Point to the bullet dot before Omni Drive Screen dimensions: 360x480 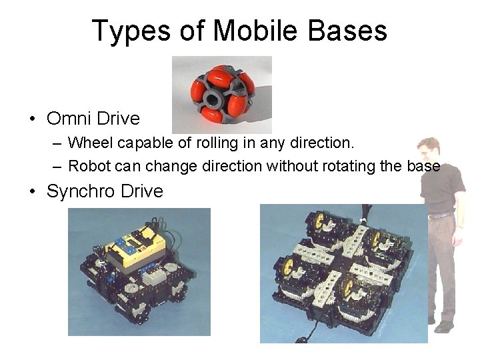pyautogui.click(x=32, y=119)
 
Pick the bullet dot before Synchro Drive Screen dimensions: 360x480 pyautogui.click(x=32, y=192)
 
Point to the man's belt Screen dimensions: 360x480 pyautogui.click(x=440, y=215)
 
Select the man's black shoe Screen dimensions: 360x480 pyautogui.click(x=444, y=327)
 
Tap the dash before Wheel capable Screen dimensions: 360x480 pyautogui.click(x=57, y=143)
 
